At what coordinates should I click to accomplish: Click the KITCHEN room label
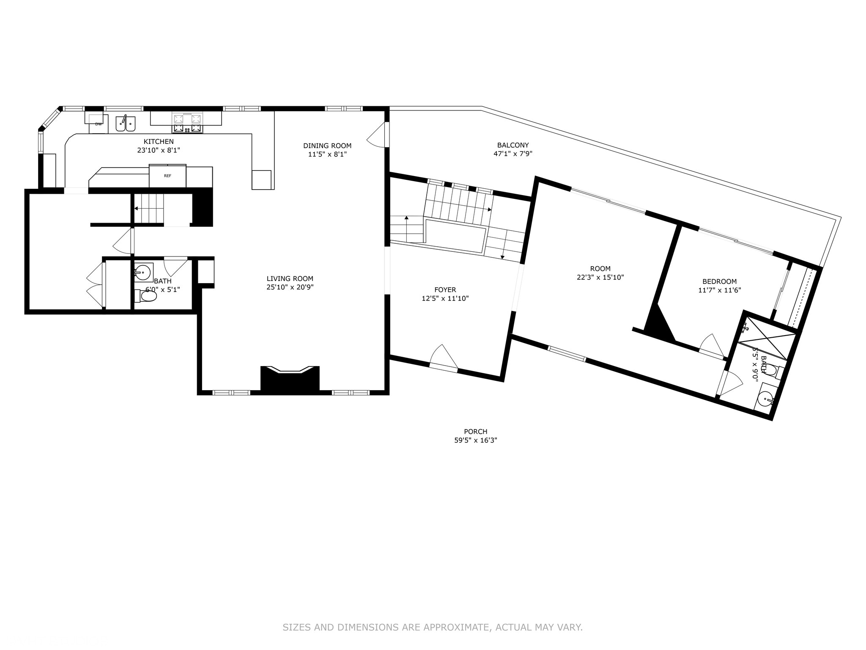click(159, 142)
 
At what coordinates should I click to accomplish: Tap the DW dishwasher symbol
click(98, 124)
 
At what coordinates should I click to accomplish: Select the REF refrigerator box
click(167, 176)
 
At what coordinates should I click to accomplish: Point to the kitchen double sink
click(126, 124)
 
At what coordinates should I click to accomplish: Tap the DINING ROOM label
click(327, 146)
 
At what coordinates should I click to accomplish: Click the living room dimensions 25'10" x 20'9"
click(290, 287)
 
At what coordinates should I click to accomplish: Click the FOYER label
click(445, 290)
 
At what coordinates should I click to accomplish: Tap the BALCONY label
click(513, 145)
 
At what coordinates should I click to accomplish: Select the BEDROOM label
click(720, 281)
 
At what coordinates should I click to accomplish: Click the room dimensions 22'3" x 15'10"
click(600, 278)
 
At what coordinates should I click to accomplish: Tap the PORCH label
click(476, 432)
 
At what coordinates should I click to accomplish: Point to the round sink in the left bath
click(143, 272)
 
